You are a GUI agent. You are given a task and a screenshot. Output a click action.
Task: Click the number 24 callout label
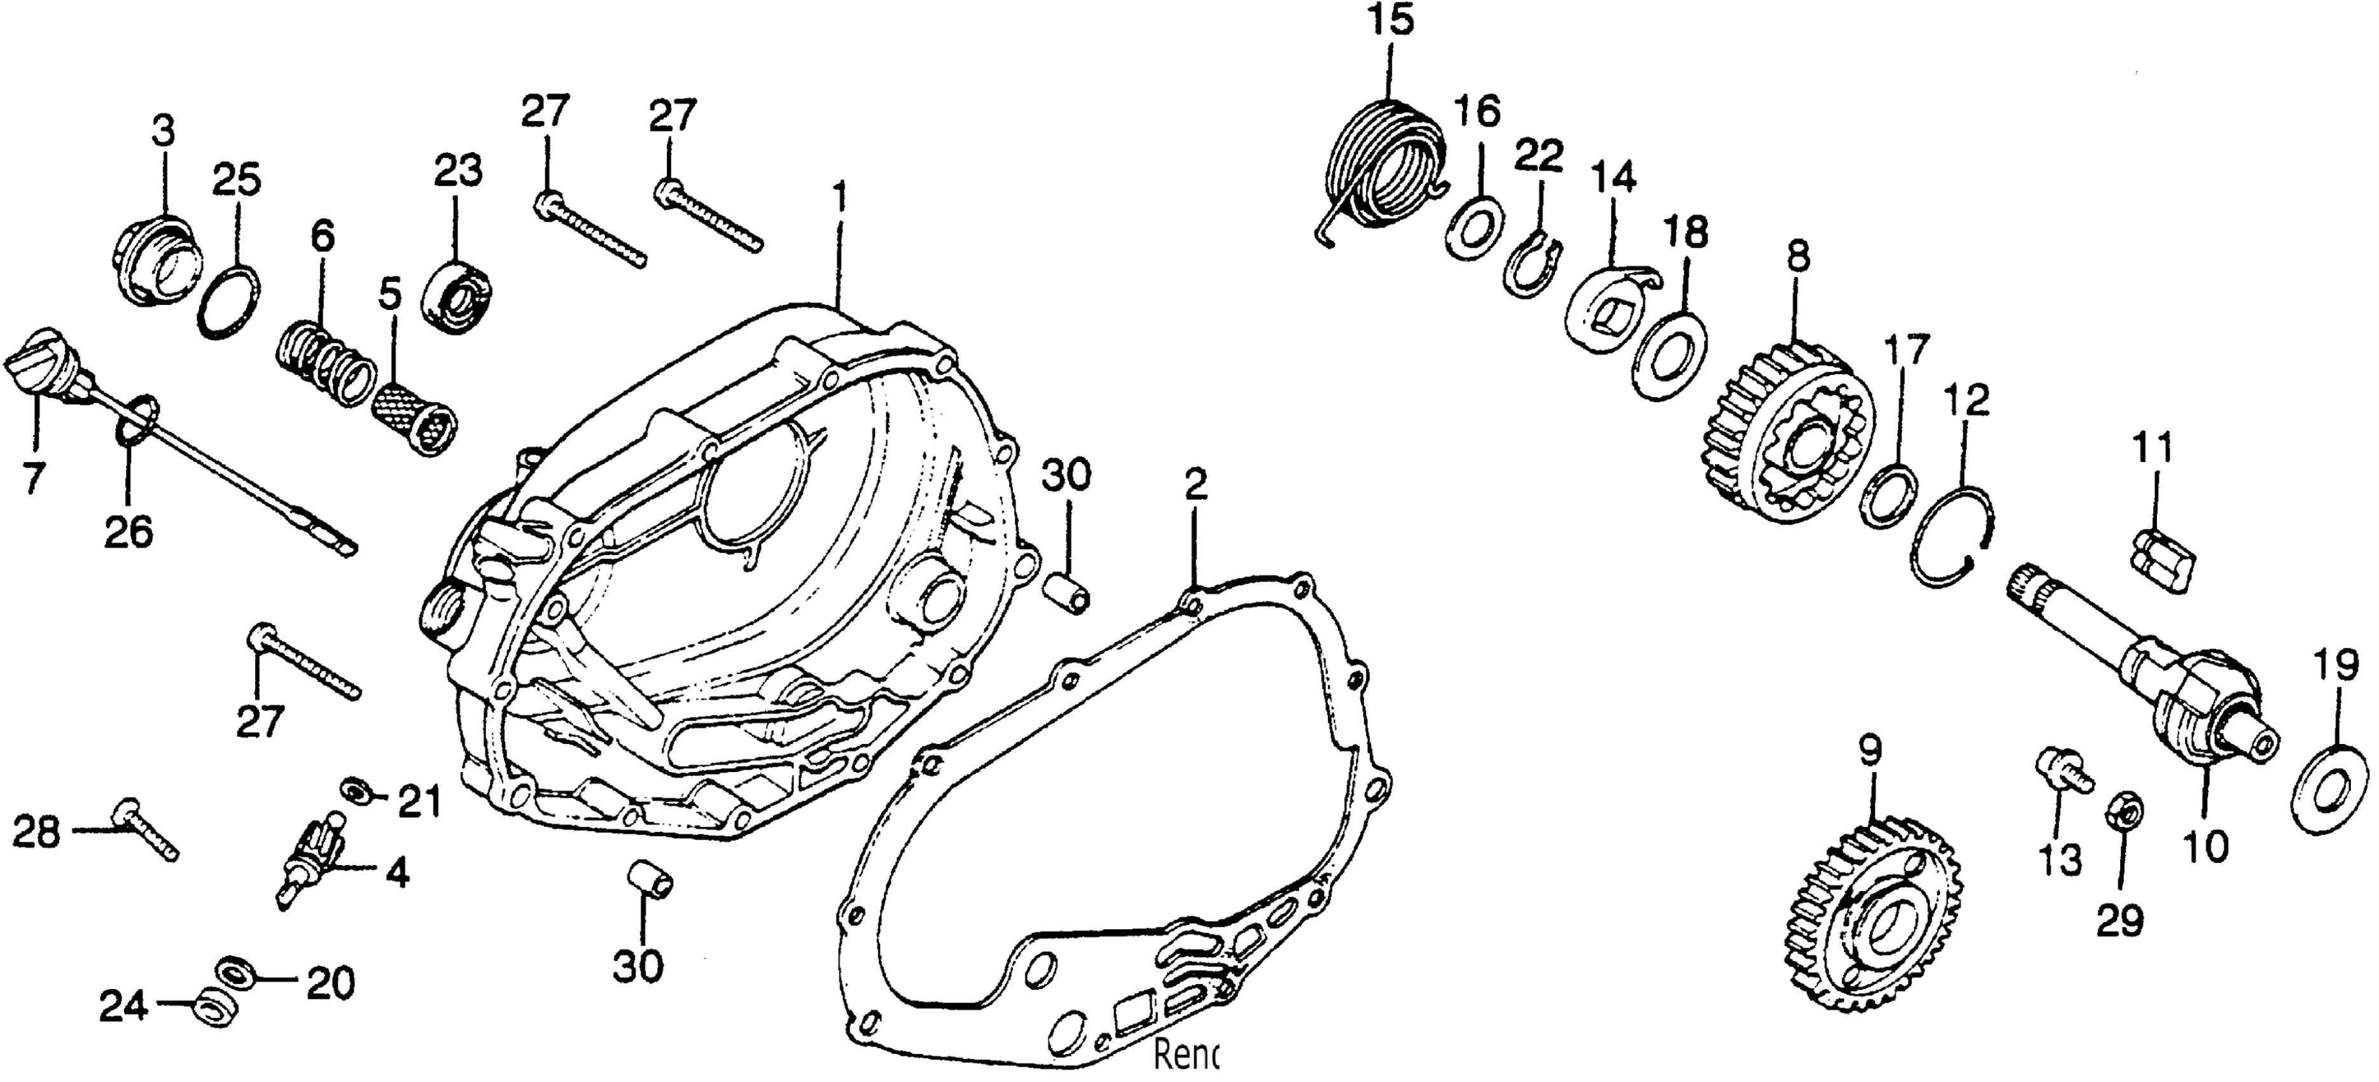pyautogui.click(x=123, y=1006)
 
